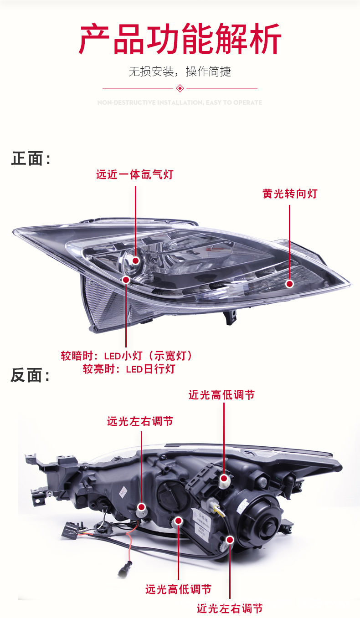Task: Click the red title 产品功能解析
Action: tap(180, 40)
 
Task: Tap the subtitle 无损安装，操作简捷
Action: tap(180, 72)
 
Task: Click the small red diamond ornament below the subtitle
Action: tap(180, 88)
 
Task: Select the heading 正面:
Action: tap(31, 159)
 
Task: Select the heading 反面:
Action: tap(31, 376)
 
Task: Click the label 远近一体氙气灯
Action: tap(135, 174)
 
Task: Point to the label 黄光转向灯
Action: tap(290, 194)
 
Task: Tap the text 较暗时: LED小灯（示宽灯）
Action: tap(127, 356)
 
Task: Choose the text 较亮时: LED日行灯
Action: tap(129, 369)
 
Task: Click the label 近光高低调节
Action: tap(221, 395)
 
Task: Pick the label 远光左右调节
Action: tap(140, 421)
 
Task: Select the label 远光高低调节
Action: tap(178, 589)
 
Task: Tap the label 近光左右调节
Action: tap(230, 608)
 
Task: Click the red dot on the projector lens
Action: tap(136, 260)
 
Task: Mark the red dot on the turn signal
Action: tap(289, 284)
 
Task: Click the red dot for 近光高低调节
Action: tap(224, 478)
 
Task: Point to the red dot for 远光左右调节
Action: tap(142, 506)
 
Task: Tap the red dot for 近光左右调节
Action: tap(230, 540)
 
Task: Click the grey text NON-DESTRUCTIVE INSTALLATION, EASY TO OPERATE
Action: tap(180, 102)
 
